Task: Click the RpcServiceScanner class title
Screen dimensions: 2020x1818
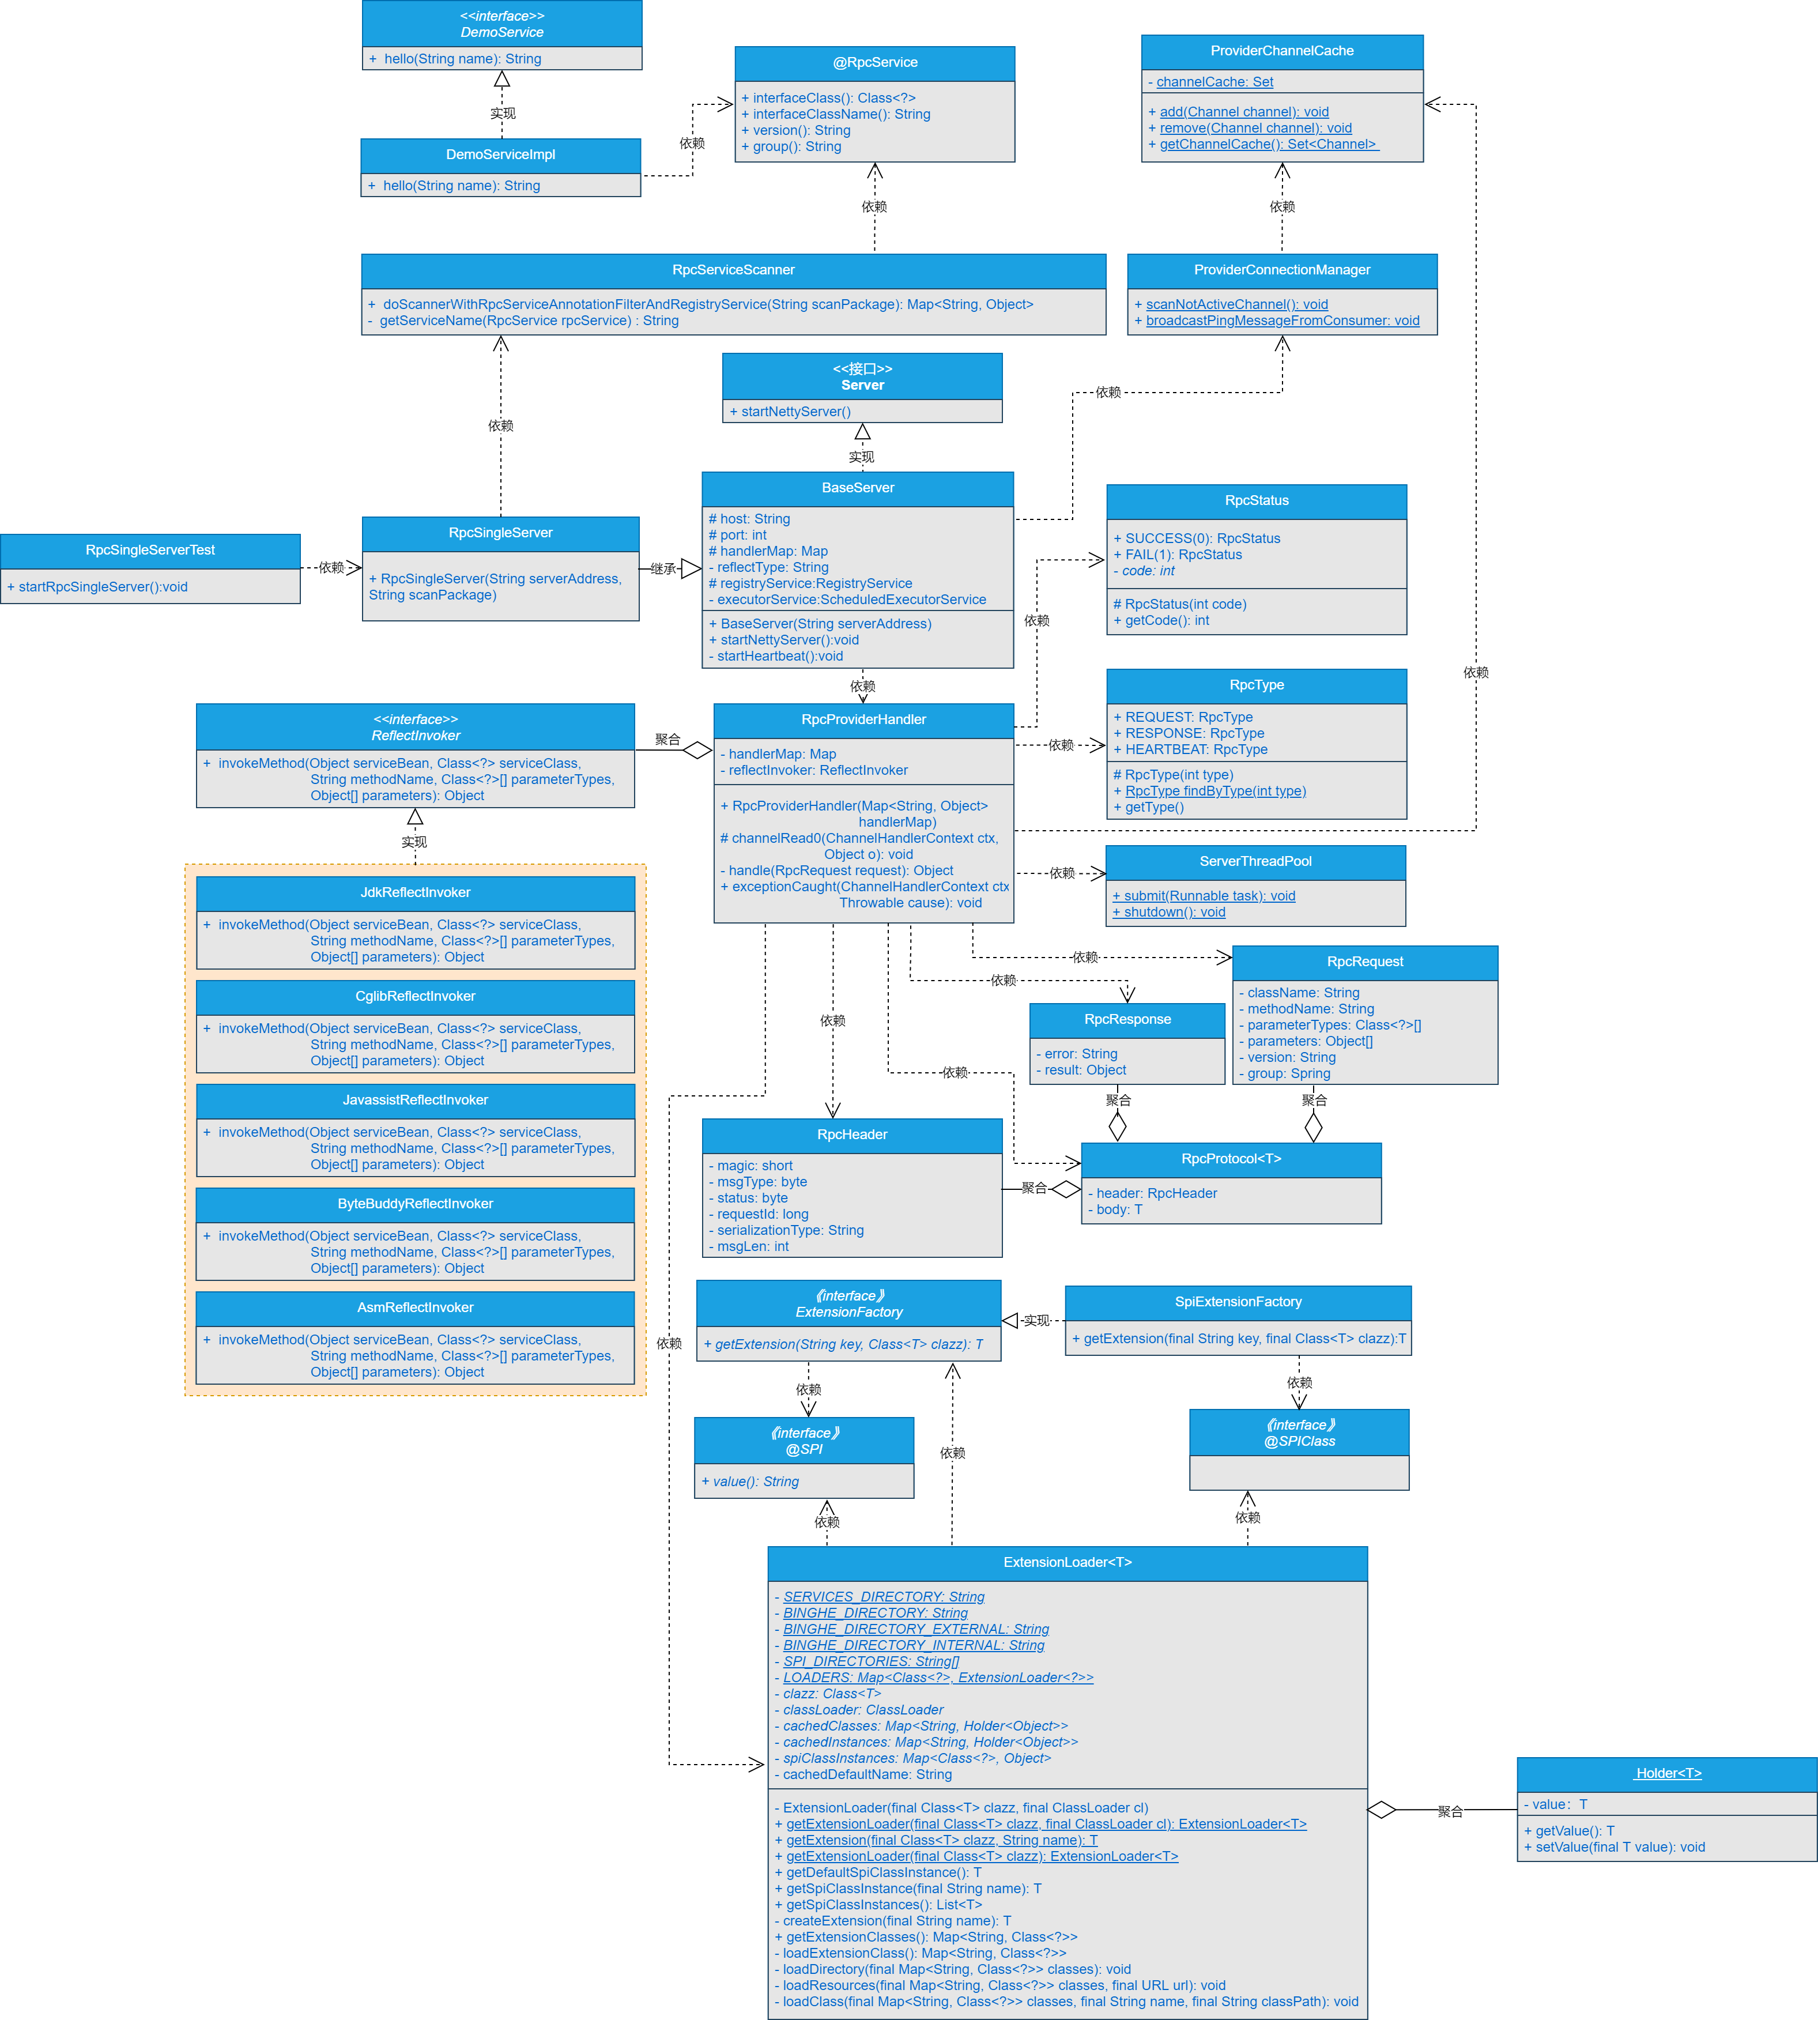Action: [x=733, y=270]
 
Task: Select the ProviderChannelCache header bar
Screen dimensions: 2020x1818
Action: [x=1281, y=51]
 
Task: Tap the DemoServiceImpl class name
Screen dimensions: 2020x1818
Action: [x=500, y=155]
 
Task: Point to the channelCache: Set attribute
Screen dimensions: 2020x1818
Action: [x=1214, y=82]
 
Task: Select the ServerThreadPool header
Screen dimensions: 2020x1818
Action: [x=1255, y=861]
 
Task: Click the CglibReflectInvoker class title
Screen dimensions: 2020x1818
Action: [x=416, y=996]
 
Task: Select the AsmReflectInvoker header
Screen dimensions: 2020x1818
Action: [x=416, y=1307]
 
